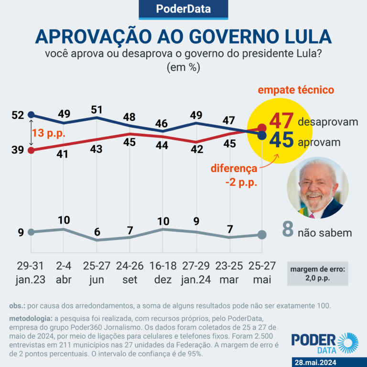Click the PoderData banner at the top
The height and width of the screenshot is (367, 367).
183,10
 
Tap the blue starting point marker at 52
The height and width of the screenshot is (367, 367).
31,115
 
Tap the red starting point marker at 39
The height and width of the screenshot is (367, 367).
31,150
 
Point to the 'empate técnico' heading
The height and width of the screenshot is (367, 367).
296,90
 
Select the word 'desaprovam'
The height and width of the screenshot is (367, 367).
327,122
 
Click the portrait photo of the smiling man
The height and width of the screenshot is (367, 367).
317,188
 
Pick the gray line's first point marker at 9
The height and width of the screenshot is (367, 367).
31,232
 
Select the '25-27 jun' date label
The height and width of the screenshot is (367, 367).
97,272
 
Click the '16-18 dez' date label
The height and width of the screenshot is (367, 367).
163,272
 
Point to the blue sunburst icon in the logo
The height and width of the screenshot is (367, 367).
347,343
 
